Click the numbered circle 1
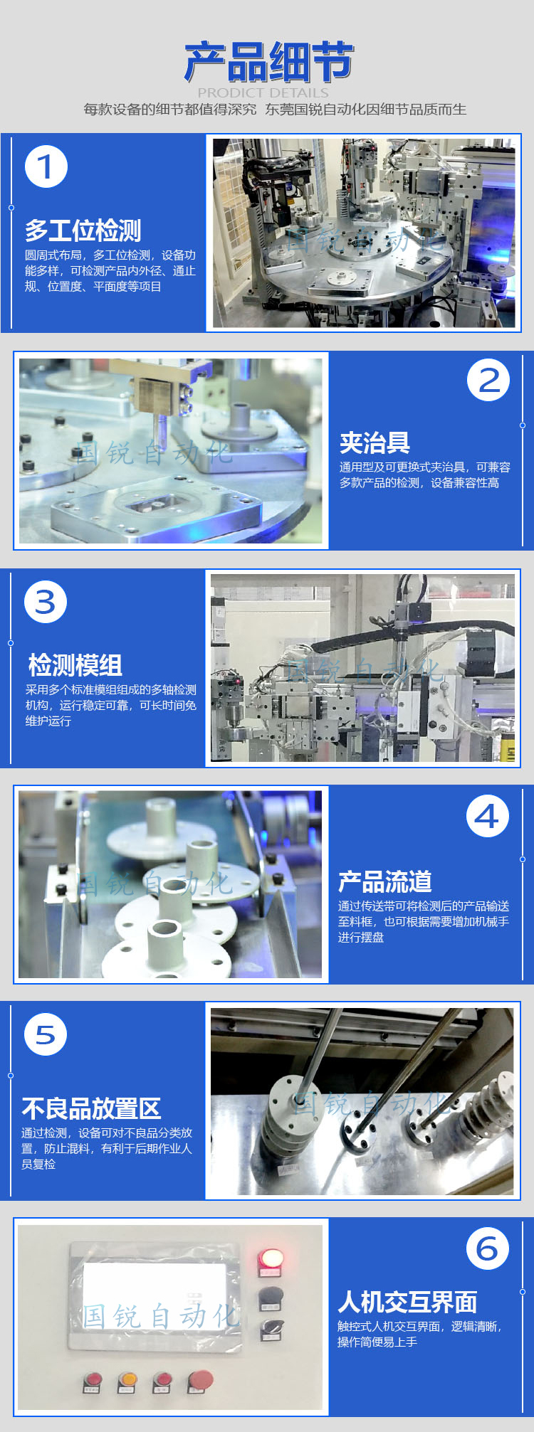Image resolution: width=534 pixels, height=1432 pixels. point(46,167)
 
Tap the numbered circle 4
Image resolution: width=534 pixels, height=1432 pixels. point(488,816)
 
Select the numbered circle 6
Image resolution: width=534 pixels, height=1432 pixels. point(488,1248)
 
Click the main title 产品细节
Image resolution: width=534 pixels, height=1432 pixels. point(268,62)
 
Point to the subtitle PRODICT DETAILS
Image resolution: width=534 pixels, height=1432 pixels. point(263,92)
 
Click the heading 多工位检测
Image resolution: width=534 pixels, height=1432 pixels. point(83,230)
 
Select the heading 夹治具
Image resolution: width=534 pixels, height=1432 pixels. point(375,442)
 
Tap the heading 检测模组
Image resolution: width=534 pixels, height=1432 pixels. point(75,665)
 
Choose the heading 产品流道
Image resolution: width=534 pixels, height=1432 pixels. point(385,881)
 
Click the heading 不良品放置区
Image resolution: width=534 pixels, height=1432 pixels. point(91,1108)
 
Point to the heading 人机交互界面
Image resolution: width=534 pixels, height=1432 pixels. point(407,1301)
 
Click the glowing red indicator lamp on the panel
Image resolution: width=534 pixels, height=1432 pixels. point(271,1258)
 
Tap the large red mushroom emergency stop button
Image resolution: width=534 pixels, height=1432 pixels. point(200,1379)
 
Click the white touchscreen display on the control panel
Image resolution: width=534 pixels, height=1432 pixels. point(155,1293)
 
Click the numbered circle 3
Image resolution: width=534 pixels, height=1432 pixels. point(46,602)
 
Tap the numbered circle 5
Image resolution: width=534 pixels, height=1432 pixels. point(46,1035)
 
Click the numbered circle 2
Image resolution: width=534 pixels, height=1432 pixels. point(488,380)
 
